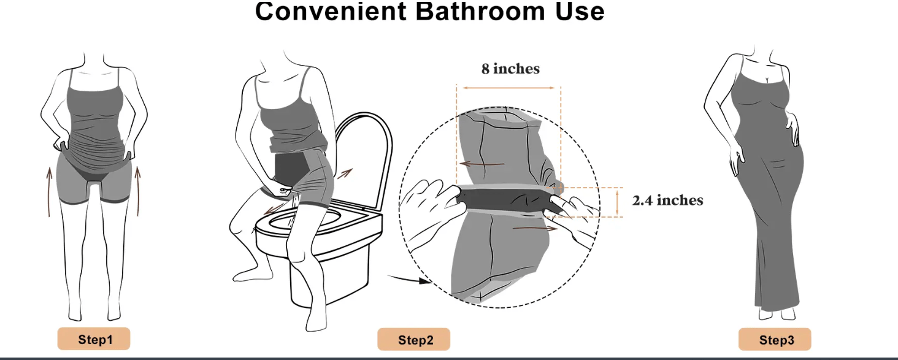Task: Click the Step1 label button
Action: [x=94, y=339]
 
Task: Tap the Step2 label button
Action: [x=413, y=339]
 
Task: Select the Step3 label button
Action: [x=775, y=339]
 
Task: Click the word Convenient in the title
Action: [x=331, y=11]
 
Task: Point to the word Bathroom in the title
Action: [x=480, y=11]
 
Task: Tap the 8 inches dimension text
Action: [x=510, y=69]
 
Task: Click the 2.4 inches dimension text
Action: [x=667, y=200]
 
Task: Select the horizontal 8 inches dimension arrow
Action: [x=508, y=88]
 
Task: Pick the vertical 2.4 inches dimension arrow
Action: [x=617, y=202]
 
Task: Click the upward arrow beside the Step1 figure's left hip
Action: [x=49, y=192]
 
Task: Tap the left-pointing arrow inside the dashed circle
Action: [x=482, y=164]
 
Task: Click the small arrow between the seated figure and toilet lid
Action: [x=345, y=174]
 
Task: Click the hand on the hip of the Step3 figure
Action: [x=792, y=129]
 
